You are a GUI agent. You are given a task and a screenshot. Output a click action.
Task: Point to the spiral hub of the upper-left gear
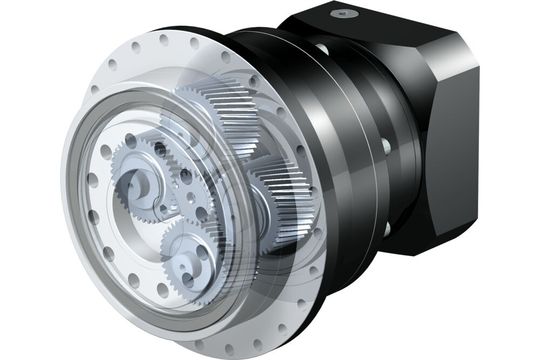coord(134,184)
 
